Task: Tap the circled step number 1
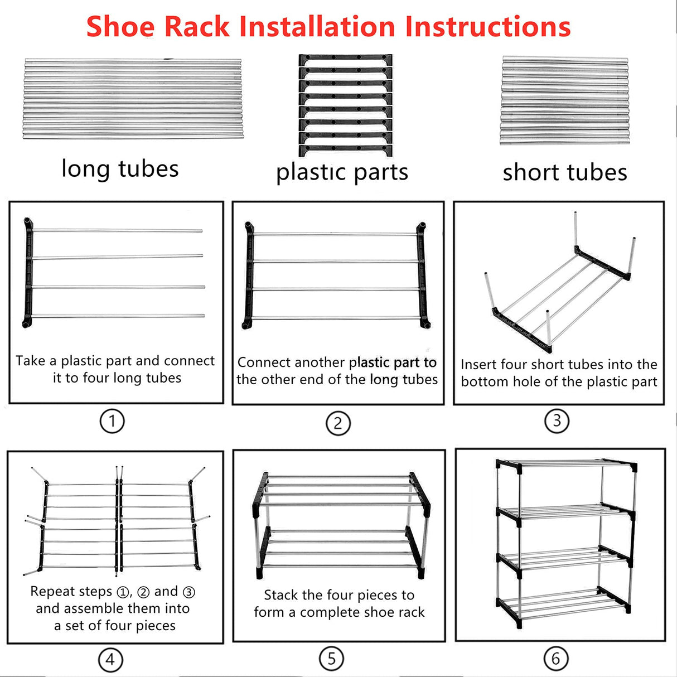pyautogui.click(x=112, y=421)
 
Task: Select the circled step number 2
pyautogui.click(x=338, y=423)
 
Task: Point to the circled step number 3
pyautogui.click(x=557, y=420)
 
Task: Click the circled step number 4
pyautogui.click(x=110, y=660)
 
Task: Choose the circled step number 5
pyautogui.click(x=331, y=659)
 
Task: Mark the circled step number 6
pyautogui.click(x=555, y=659)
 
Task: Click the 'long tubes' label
pyautogui.click(x=120, y=168)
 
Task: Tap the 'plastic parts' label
pyautogui.click(x=342, y=172)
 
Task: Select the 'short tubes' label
pyautogui.click(x=565, y=172)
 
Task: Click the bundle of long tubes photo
pyautogui.click(x=133, y=99)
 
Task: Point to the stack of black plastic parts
pyautogui.click(x=346, y=105)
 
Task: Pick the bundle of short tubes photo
pyautogui.click(x=564, y=101)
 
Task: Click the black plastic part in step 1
pyautogui.click(x=28, y=273)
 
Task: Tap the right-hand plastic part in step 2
pyautogui.click(x=422, y=275)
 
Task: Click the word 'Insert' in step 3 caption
pyautogui.click(x=478, y=365)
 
